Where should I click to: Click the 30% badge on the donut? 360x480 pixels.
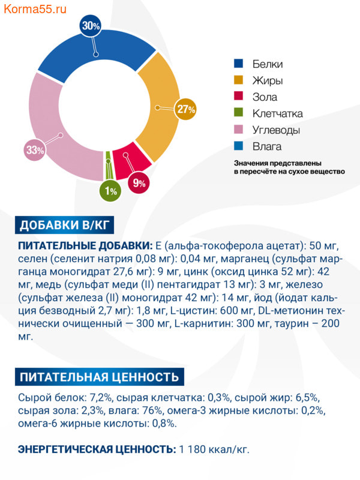[x=91, y=26]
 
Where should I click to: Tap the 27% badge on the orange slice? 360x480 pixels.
[x=187, y=109]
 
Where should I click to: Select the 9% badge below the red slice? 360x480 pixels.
[x=139, y=183]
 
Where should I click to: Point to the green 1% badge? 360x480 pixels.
[x=110, y=191]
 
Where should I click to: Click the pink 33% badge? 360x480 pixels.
[x=35, y=150]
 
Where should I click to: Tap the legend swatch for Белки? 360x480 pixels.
[x=238, y=64]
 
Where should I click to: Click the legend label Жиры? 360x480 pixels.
[x=268, y=80]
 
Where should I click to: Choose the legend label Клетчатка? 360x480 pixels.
[x=277, y=113]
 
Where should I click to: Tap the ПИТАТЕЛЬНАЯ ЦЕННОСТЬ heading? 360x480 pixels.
[x=99, y=377]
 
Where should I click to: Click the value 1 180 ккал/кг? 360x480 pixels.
[x=214, y=449]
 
